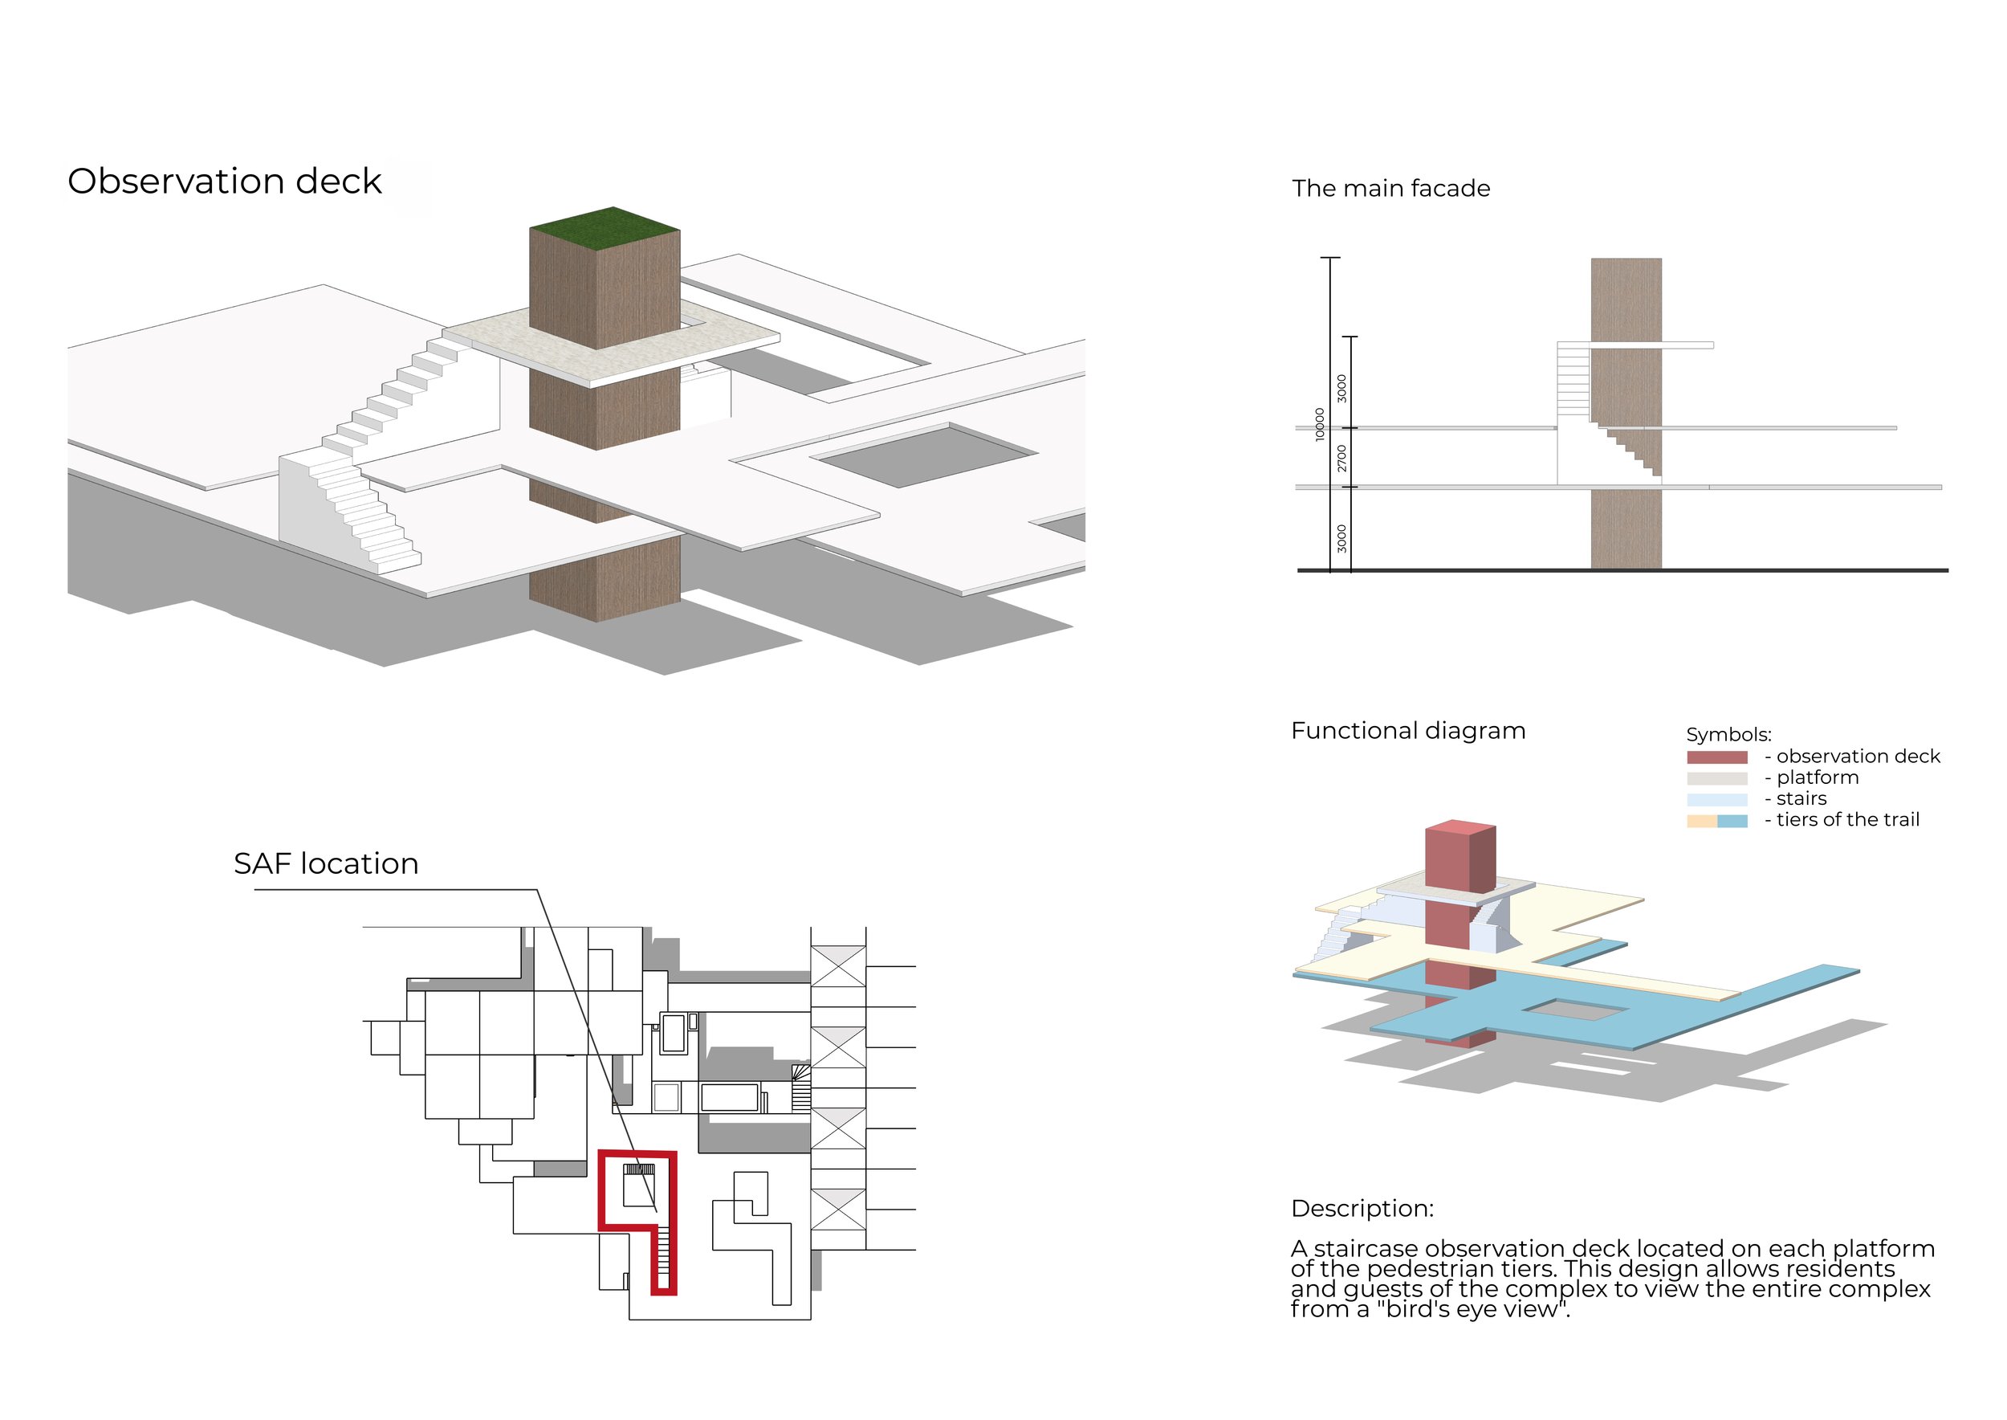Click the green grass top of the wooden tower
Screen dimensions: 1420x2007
605,227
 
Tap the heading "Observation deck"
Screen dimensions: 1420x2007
225,182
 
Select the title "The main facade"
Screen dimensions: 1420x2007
1390,188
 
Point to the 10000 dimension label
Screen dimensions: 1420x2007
1319,424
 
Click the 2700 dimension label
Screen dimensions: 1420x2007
1341,458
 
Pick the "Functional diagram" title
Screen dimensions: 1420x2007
1408,730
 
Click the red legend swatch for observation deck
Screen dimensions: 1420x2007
1717,757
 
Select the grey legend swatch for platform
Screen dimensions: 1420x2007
1717,778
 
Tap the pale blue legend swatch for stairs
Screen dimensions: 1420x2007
1717,799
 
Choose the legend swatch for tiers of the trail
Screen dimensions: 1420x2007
1717,821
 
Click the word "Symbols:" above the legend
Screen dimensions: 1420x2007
1728,734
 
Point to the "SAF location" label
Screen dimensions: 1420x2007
326,864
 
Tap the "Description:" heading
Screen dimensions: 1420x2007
1362,1209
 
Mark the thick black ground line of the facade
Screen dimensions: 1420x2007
1622,570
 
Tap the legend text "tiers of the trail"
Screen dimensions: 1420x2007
1847,820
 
